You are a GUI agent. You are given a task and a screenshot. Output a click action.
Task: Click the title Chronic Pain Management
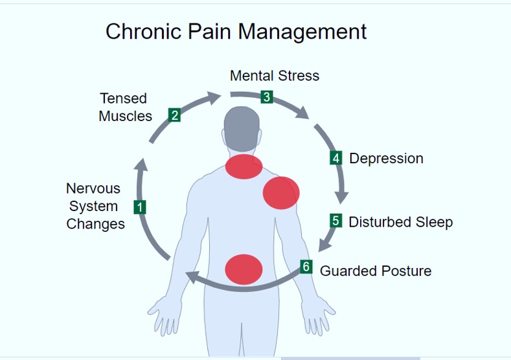tap(236, 32)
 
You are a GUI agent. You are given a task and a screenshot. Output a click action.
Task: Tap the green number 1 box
tap(139, 207)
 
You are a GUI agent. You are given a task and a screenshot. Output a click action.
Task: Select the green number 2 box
tap(174, 115)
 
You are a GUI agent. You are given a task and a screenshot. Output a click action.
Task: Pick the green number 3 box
tap(266, 97)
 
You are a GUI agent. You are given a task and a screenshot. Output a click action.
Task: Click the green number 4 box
tap(335, 158)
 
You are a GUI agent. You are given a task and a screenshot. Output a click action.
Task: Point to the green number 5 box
tap(335, 221)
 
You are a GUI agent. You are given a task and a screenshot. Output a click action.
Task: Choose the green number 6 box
tap(306, 267)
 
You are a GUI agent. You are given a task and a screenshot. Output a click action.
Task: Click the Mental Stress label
tap(275, 76)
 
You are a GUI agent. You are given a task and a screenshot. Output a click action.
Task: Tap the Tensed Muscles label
tap(125, 107)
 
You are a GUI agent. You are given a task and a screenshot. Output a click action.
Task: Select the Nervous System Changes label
tap(95, 207)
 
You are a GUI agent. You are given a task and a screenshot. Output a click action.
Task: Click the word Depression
tap(386, 159)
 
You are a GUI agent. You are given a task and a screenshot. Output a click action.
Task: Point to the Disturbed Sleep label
tap(400, 222)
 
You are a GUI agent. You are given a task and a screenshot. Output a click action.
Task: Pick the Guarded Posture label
tap(376, 271)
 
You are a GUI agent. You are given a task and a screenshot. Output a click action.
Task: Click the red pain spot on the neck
tap(244, 167)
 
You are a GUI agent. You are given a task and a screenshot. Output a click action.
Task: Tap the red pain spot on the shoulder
tap(280, 192)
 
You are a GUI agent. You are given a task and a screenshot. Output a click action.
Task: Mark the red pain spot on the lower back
tap(243, 269)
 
